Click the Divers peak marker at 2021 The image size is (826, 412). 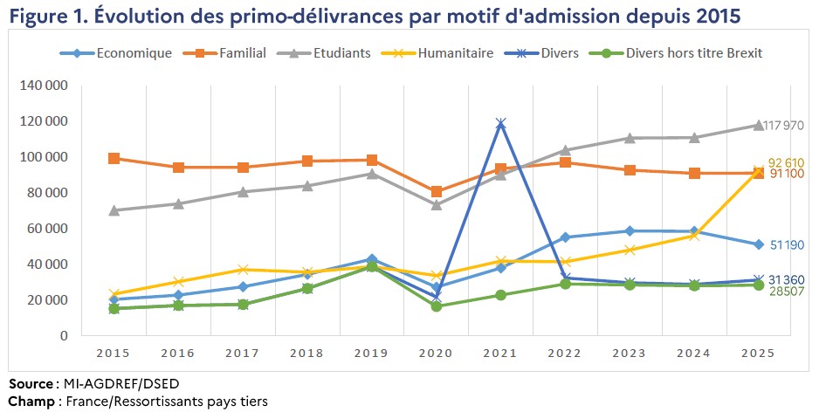click(501, 124)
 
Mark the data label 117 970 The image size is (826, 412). click(783, 126)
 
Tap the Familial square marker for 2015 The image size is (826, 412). click(114, 158)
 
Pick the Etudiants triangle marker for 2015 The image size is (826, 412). click(114, 210)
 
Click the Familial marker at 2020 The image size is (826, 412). click(437, 191)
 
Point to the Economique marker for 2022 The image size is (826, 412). click(566, 237)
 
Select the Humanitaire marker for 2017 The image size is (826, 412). click(243, 270)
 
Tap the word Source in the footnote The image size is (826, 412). click(30, 385)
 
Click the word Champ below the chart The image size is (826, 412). click(30, 402)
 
